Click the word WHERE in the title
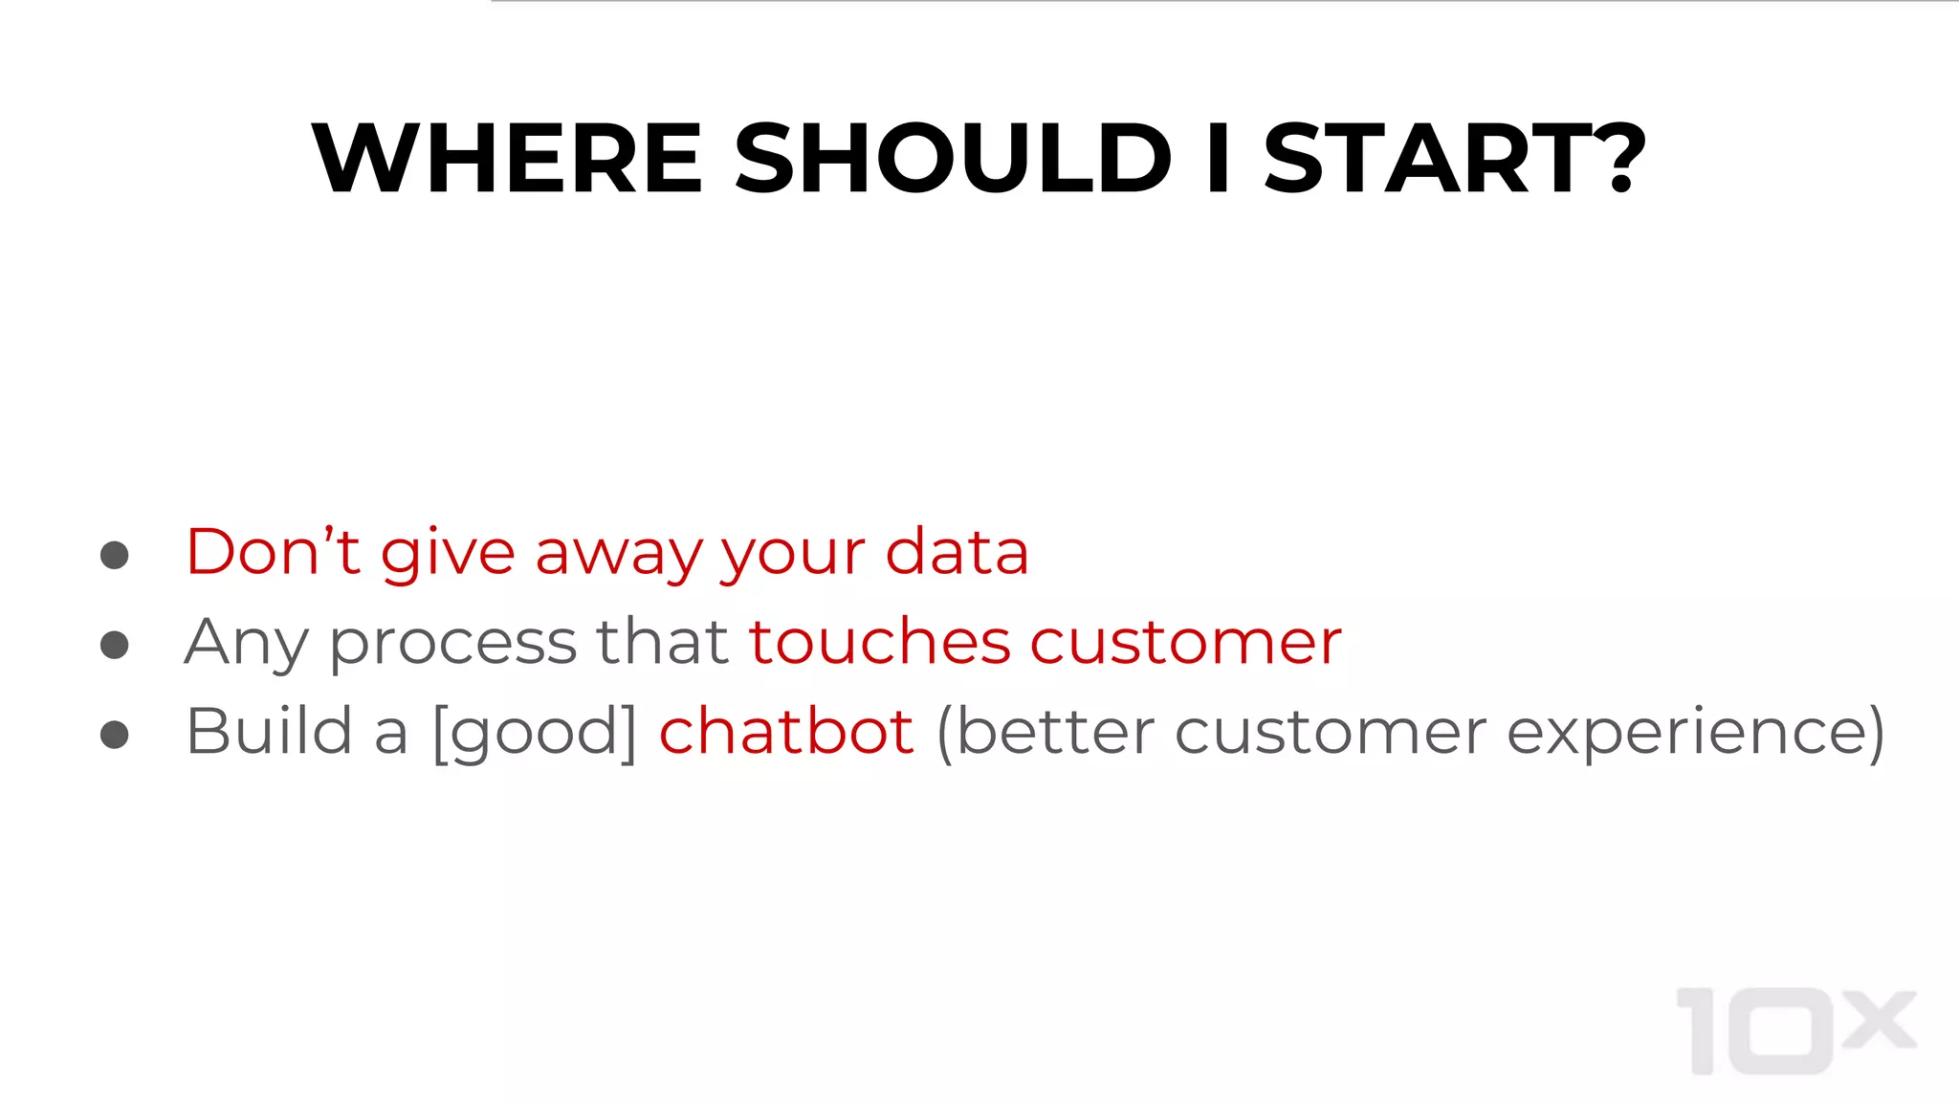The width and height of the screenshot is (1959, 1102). pos(508,158)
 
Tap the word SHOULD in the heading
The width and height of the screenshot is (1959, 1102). pos(953,158)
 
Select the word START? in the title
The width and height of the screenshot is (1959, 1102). pos(1454,158)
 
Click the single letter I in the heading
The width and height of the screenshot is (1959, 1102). pos(1218,158)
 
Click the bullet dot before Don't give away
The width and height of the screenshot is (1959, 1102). pos(115,555)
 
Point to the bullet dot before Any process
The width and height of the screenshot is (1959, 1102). pos(115,645)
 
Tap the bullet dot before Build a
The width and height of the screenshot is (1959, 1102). pos(115,735)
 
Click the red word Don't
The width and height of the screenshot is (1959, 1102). pos(273,552)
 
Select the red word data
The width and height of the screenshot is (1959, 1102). pos(957,552)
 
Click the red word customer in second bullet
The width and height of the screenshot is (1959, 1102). pos(1186,643)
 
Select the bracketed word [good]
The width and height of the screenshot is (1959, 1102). pos(535,733)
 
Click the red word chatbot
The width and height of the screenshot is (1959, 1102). pos(786,732)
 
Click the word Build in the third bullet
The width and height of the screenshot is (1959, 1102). pos(270,732)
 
